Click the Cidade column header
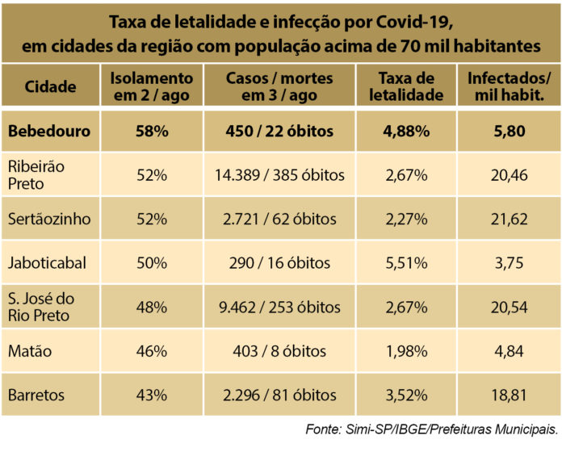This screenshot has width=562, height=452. (50, 86)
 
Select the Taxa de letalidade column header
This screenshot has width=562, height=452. (411, 86)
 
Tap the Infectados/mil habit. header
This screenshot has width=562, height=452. (510, 86)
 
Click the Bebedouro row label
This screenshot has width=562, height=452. (50, 132)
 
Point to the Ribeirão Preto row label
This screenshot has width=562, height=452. (36, 175)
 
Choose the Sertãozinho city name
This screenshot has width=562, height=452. (50, 219)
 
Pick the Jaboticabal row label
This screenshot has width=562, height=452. (48, 262)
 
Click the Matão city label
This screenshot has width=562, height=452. (31, 351)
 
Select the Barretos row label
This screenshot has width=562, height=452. (37, 395)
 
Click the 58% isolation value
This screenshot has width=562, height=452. (152, 132)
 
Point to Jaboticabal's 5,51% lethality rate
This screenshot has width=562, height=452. (411, 262)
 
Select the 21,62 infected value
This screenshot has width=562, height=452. (510, 219)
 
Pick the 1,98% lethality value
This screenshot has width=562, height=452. (411, 351)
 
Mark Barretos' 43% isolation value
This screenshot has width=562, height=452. (152, 395)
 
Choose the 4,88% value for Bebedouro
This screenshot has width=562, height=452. (411, 132)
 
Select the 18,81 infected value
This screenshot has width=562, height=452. (510, 395)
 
